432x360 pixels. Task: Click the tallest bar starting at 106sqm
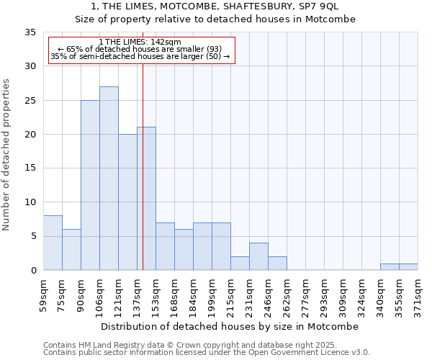(x=109, y=179)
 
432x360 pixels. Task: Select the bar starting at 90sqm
(x=90, y=185)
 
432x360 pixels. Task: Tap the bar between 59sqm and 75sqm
(x=53, y=243)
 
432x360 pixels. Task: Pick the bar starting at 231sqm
(x=258, y=256)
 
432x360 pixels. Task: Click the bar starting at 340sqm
(x=390, y=267)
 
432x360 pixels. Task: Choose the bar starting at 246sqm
(x=277, y=264)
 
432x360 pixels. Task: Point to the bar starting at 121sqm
(x=127, y=202)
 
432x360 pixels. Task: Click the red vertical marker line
(x=143, y=180)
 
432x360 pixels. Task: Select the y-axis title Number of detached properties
(x=7, y=155)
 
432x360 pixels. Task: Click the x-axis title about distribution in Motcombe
(x=230, y=326)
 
